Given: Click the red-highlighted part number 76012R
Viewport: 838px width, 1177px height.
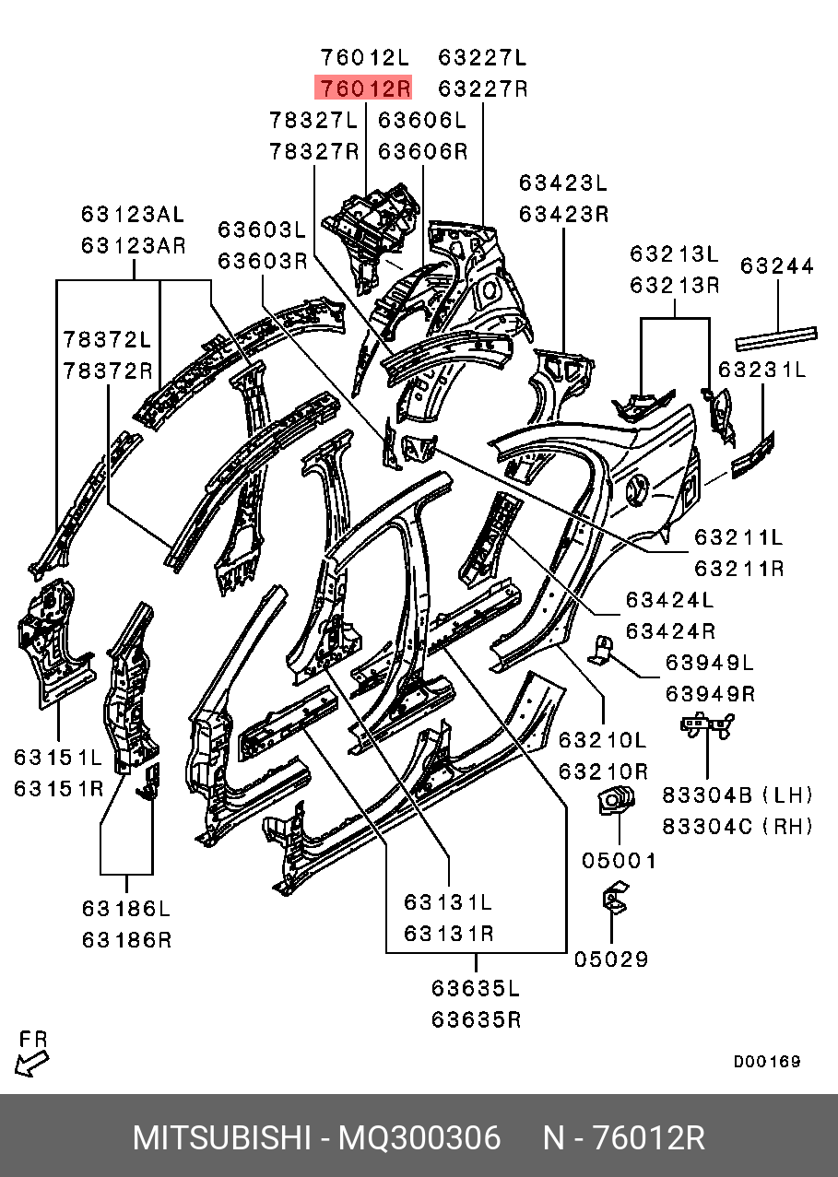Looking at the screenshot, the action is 363,88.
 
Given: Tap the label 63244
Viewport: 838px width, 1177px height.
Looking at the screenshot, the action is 777,265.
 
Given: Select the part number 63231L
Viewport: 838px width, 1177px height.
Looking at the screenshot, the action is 761,370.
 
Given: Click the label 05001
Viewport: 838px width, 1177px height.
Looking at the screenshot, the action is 619,861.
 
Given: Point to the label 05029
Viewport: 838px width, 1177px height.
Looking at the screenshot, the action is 611,959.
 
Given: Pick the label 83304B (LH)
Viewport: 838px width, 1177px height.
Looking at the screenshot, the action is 738,795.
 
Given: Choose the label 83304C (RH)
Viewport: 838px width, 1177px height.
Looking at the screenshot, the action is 738,827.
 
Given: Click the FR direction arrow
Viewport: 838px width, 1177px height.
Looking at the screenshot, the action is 31,1064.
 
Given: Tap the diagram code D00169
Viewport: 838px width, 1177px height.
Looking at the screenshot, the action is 767,1062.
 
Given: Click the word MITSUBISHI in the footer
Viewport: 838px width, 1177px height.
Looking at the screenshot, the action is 221,1138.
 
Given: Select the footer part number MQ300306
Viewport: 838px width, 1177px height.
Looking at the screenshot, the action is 419,1138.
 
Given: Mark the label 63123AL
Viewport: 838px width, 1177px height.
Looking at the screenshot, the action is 133,214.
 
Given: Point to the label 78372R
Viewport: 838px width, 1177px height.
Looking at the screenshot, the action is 107,371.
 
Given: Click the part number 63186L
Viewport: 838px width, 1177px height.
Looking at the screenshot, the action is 126,909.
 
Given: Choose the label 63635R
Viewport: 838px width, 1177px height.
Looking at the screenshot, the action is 476,1020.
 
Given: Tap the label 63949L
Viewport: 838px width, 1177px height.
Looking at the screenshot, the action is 710,663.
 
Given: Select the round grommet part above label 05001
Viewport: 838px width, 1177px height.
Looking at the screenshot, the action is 616,799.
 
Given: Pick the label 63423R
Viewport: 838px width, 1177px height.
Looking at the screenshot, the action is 563,214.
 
